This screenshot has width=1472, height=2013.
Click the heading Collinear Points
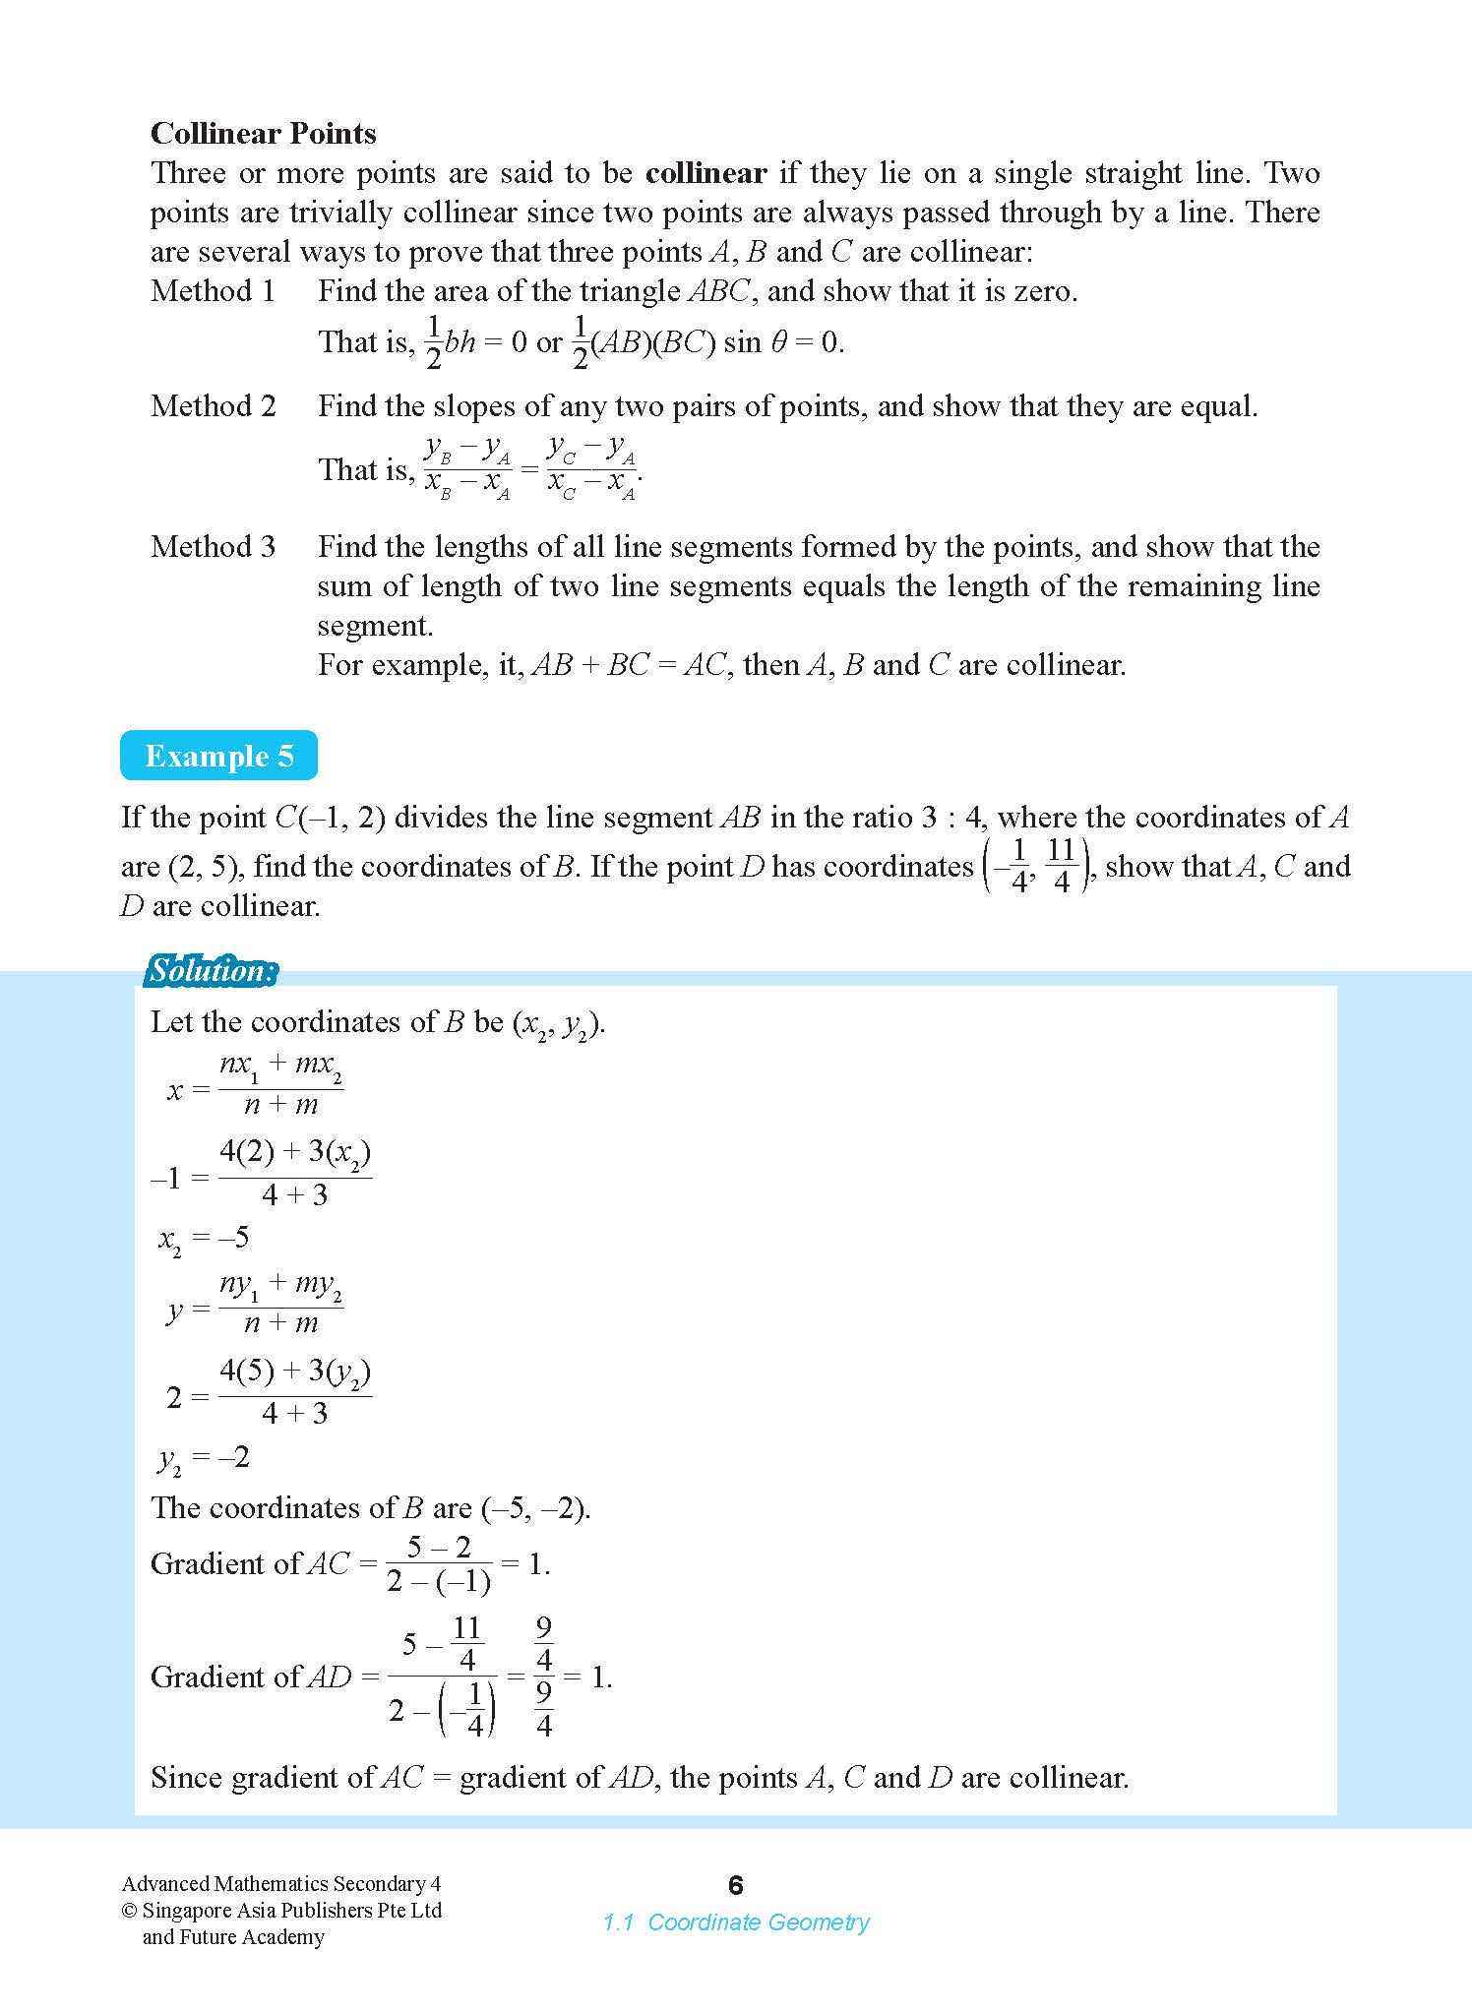(x=263, y=133)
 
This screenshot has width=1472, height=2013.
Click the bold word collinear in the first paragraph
(x=705, y=173)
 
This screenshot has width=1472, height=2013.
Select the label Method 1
(x=213, y=291)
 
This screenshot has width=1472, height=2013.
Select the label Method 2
(x=213, y=405)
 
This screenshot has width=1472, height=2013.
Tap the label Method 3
(x=213, y=546)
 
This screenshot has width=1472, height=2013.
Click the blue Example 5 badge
(x=218, y=756)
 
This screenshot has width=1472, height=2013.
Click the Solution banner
(x=211, y=971)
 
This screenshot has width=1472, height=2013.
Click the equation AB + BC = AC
(x=629, y=665)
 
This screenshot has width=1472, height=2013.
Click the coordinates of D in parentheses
(x=1036, y=866)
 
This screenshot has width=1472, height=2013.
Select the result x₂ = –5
(x=204, y=1238)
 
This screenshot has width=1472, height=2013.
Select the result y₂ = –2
(x=204, y=1457)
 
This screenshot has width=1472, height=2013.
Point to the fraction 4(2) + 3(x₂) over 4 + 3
(x=294, y=1173)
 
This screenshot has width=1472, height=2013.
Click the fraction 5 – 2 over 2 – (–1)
(x=439, y=1563)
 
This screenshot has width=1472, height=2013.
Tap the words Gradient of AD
(x=250, y=1677)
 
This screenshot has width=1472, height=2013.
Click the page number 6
(x=735, y=1885)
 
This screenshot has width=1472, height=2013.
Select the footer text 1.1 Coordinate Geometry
(x=736, y=1921)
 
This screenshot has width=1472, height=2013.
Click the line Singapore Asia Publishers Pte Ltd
(x=291, y=1911)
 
